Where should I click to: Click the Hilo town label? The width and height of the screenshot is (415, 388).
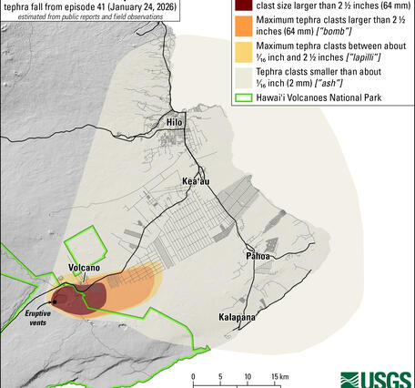pyautogui.click(x=175, y=122)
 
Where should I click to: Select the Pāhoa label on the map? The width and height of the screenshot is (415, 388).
pyautogui.click(x=256, y=256)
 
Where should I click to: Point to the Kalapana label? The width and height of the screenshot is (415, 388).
pyautogui.click(x=237, y=318)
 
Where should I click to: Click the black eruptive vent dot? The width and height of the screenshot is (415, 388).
pyautogui.click(x=54, y=300)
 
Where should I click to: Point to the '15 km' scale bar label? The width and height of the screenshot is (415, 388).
pyautogui.click(x=276, y=376)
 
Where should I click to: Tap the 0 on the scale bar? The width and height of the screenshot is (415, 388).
pyautogui.click(x=193, y=376)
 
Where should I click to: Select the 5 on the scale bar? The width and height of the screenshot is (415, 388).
pyautogui.click(x=220, y=376)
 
